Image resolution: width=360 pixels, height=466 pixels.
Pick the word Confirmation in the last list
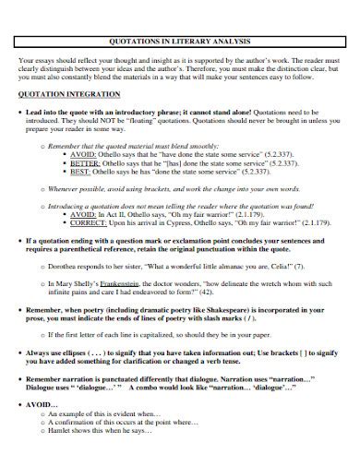92,422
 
